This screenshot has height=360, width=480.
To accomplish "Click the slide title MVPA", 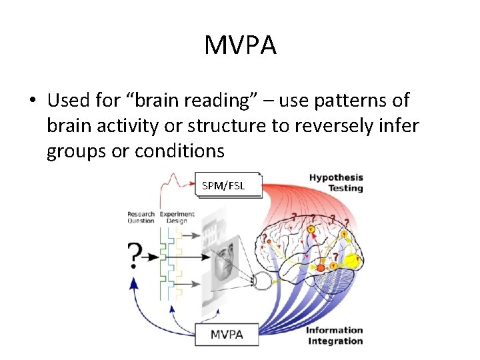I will (x=240, y=45).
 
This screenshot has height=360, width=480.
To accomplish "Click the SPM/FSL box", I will (x=223, y=185).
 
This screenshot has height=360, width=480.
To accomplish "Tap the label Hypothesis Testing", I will (x=335, y=183).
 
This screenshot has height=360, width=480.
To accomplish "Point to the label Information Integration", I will (x=334, y=335).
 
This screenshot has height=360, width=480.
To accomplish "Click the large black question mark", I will (x=135, y=255).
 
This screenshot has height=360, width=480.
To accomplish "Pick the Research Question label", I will (x=141, y=217).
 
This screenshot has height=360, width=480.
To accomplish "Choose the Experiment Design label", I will (x=177, y=217).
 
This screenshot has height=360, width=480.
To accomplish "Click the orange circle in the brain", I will (x=320, y=267).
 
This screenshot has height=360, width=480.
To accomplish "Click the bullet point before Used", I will (x=32, y=101).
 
